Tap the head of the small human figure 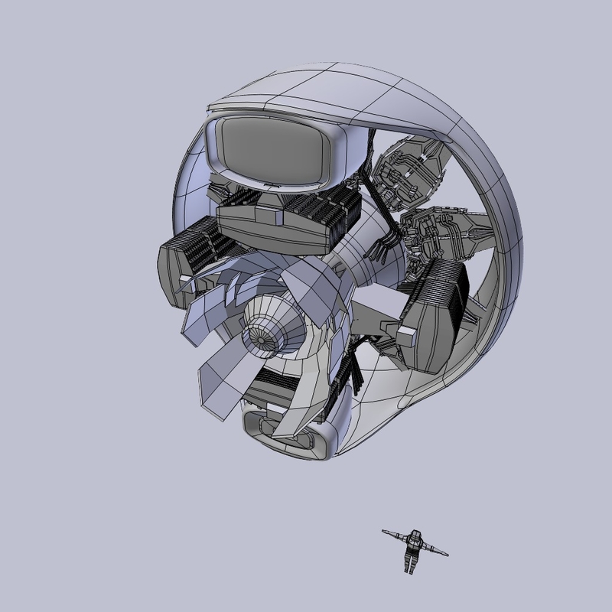[416, 533]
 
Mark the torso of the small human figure [415, 545]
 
